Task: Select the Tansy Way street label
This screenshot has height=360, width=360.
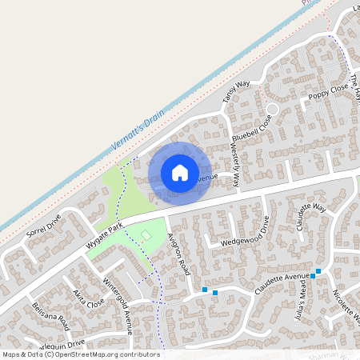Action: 236,94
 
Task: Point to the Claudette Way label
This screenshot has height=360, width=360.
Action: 311,217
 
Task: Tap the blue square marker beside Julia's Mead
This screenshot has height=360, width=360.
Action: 318,271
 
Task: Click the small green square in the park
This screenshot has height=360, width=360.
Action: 146,234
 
